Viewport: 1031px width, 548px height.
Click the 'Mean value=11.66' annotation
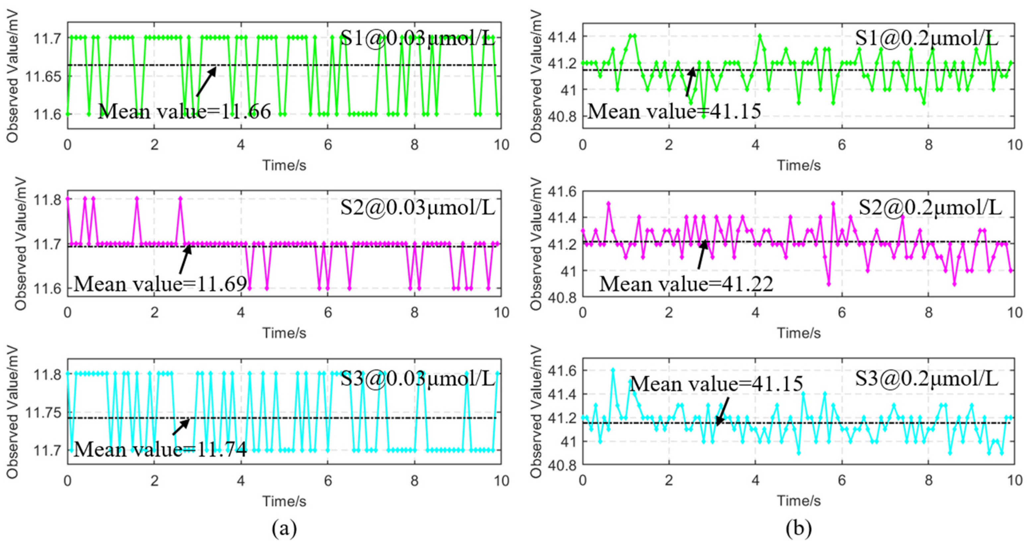point(184,111)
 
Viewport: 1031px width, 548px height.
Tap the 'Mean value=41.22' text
point(686,284)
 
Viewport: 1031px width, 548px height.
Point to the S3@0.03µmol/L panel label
point(417,378)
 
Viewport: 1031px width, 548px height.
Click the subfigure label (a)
point(284,529)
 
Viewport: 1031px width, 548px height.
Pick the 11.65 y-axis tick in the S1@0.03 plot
point(44,76)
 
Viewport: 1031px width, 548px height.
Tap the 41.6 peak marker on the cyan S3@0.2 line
point(613,370)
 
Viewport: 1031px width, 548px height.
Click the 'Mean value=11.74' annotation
point(160,450)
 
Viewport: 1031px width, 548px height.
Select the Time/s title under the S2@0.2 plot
point(798,333)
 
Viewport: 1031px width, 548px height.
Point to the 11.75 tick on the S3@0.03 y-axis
point(44,412)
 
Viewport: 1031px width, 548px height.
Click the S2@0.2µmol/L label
point(930,207)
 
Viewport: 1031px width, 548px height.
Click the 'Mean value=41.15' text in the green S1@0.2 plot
point(674,111)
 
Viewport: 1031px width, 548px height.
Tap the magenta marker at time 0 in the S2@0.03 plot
point(68,199)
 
